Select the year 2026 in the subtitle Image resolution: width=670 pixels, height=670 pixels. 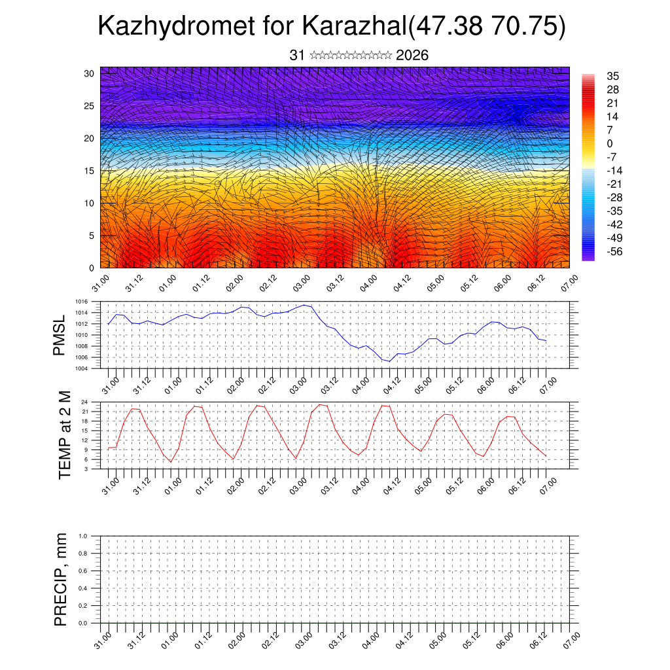412,56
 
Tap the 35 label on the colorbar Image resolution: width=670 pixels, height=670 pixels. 613,76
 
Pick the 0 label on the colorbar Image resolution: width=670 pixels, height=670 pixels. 610,143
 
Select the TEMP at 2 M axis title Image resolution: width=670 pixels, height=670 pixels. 65,435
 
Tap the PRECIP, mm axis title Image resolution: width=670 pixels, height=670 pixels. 61,580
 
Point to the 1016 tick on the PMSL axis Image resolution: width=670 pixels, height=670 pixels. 81,302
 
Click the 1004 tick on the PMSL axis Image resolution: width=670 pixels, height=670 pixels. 81,368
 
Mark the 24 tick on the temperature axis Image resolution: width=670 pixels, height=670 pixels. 84,402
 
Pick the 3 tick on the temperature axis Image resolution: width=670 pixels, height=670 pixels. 86,468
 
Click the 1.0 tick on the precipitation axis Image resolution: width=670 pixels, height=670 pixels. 83,536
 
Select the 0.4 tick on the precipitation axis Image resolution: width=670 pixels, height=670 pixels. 83,588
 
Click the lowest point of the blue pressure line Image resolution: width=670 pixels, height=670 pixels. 389,361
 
